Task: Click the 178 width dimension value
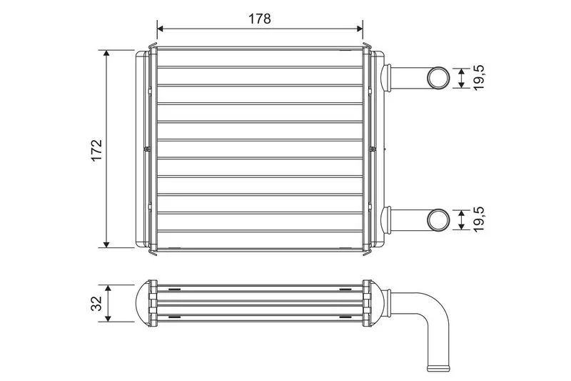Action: pos(260,19)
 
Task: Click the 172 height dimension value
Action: pos(96,150)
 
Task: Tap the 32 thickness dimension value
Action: pos(96,303)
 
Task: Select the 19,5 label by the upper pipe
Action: pos(480,78)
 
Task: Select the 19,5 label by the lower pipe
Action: pos(480,219)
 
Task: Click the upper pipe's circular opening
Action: pos(438,77)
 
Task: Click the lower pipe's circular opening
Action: pos(438,220)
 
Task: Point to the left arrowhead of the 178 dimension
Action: pos(161,28)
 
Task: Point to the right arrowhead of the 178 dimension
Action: pos(359,28)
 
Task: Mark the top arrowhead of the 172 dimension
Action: pos(106,54)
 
